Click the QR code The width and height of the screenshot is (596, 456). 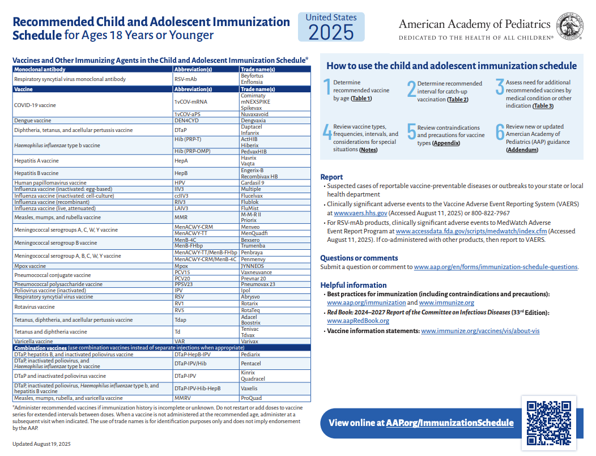[x=548, y=423]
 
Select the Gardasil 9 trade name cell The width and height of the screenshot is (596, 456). [x=253, y=183]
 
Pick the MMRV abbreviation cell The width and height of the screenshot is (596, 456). [x=182, y=398]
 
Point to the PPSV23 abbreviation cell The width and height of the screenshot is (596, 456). [x=184, y=284]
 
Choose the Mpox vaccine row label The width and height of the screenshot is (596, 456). [x=30, y=266]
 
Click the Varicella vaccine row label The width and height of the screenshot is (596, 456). [x=34, y=342]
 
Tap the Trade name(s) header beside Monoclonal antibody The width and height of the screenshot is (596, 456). [x=258, y=69]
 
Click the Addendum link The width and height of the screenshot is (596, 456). [x=521, y=150]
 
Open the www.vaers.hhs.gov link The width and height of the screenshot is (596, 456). [x=360, y=214]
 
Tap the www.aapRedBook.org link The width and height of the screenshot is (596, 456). [x=358, y=321]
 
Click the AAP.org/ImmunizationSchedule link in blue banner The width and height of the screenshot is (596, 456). [x=450, y=423]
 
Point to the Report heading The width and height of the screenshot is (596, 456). [x=331, y=177]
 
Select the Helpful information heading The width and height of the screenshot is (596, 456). [x=354, y=285]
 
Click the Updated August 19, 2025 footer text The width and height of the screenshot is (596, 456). [x=41, y=444]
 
